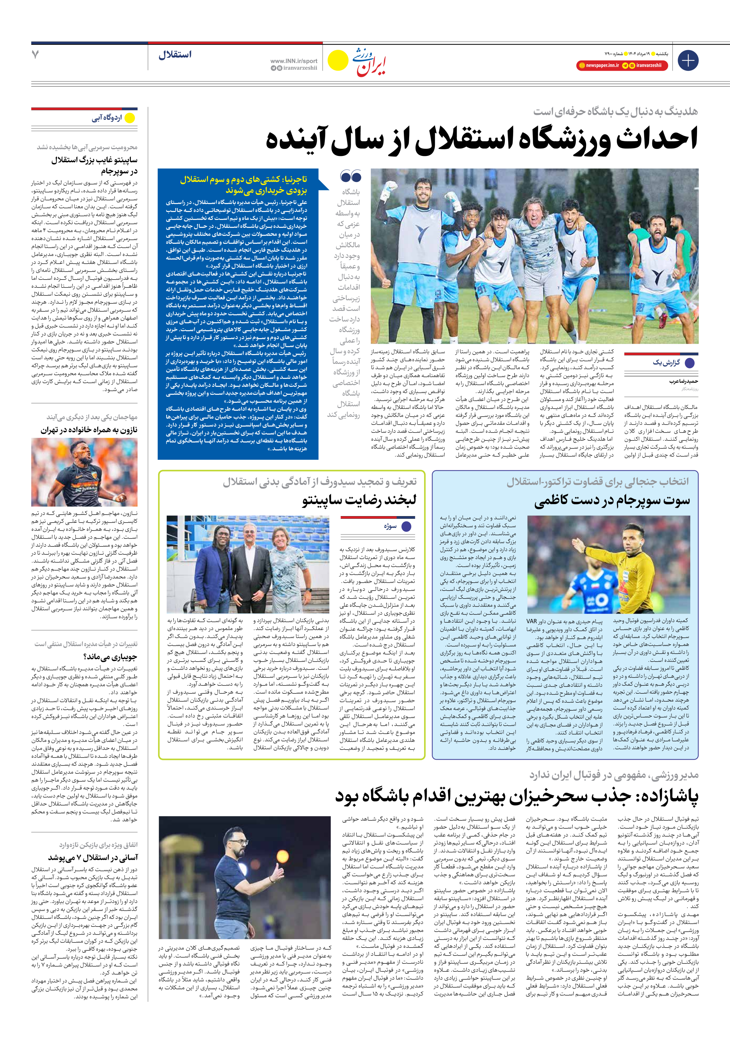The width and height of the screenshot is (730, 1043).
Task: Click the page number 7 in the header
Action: (x=35, y=55)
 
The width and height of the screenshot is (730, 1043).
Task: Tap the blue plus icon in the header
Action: (x=688, y=60)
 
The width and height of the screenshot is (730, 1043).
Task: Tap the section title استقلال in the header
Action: (x=175, y=55)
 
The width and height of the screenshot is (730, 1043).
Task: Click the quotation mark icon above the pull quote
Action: (x=350, y=176)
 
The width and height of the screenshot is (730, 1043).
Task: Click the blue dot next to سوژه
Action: (x=406, y=527)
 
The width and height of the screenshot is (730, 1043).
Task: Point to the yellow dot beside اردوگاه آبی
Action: (x=130, y=118)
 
